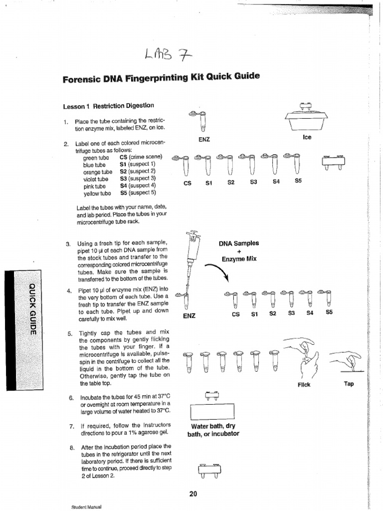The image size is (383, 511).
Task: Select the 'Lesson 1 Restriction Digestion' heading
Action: pos(108,106)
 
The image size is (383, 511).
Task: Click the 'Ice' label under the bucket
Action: pos(307,137)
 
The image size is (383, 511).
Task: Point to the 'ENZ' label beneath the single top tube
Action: pos(203,140)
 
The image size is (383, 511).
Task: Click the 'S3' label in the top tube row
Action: pos(253,182)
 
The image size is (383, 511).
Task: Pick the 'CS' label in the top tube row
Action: pos(188,183)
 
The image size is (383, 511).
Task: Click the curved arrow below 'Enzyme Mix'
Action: pos(217,274)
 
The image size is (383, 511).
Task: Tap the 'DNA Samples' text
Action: pos(239,244)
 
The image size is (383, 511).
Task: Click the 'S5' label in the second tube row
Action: pos(329,313)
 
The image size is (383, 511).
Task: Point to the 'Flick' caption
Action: pos(304,385)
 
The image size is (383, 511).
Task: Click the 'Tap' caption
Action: pos(349,384)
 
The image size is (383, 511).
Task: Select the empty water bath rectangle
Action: pos(212,411)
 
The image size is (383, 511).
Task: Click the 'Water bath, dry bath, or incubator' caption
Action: pos(213,430)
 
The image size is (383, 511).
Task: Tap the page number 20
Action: pos(193,494)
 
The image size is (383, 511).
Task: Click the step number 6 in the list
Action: pos(71,398)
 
